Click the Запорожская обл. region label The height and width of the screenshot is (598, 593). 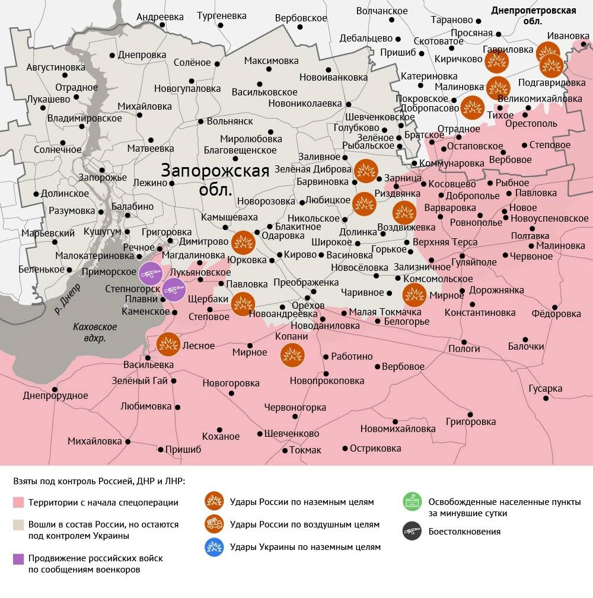[x=215, y=180]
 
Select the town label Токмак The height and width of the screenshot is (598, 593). [x=305, y=450]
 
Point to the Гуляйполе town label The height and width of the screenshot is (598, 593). [x=474, y=261]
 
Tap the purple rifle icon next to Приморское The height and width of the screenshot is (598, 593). [x=150, y=273]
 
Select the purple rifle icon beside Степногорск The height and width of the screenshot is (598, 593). [x=174, y=289]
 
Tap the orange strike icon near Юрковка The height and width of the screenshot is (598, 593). [x=243, y=242]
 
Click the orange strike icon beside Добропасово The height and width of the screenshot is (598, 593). [x=472, y=107]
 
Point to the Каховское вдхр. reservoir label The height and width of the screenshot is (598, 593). [x=95, y=332]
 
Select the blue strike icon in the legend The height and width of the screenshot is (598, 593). [x=213, y=547]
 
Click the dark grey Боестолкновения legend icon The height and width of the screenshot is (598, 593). [x=412, y=531]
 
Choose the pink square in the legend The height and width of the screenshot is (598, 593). [x=18, y=503]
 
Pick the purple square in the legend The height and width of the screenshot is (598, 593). [x=18, y=558]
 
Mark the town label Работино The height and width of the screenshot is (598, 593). [x=352, y=356]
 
